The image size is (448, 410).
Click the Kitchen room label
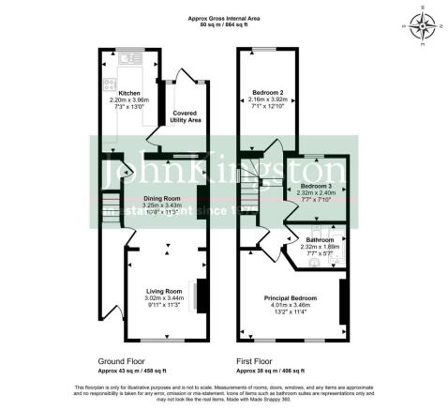click(128, 92)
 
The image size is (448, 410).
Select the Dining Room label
click(160, 199)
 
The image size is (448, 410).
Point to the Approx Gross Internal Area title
click(226, 17)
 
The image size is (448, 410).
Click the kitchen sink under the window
click(130, 58)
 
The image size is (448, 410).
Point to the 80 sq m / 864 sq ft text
click(226, 24)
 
